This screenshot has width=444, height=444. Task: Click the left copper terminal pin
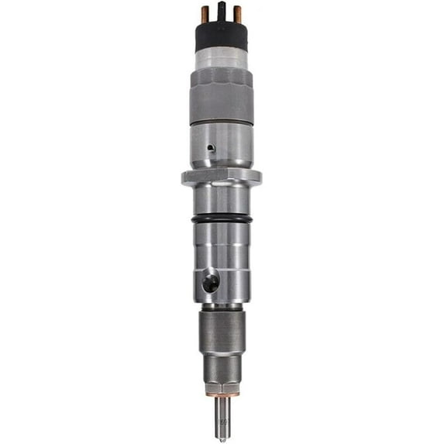point(205,14)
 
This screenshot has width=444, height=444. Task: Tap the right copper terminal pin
point(237,14)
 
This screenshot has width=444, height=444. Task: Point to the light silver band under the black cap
point(222,59)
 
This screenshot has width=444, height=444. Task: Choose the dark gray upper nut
point(222,93)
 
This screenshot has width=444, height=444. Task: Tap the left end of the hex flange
point(186,177)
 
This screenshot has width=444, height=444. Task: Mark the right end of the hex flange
point(257,177)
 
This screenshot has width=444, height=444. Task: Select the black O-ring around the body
point(222,220)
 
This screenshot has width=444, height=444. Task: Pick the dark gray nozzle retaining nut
point(222,333)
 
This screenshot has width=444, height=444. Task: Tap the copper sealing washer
point(222,395)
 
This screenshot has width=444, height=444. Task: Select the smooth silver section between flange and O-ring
point(222,200)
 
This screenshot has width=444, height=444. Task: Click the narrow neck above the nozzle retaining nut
point(222,307)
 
